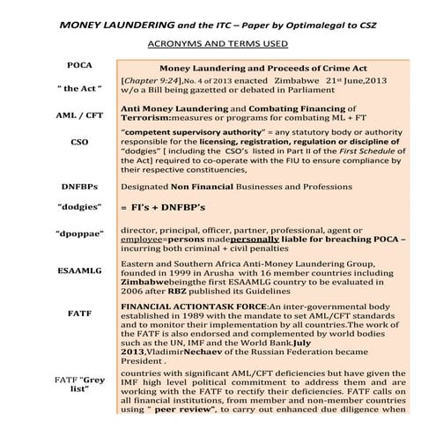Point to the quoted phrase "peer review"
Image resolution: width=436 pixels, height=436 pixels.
click(x=172, y=410)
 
